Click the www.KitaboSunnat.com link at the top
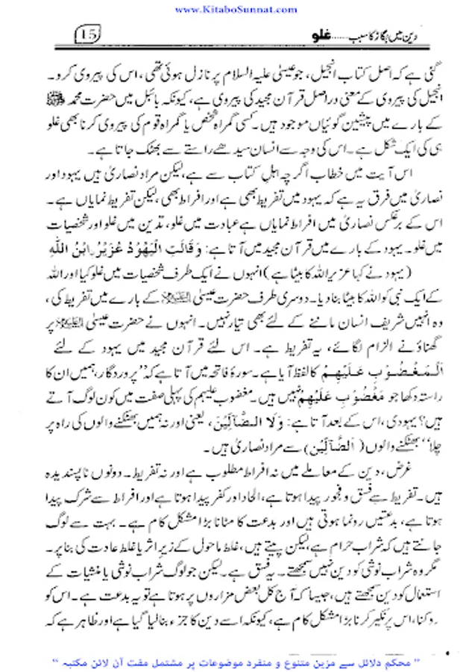click(236, 8)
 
